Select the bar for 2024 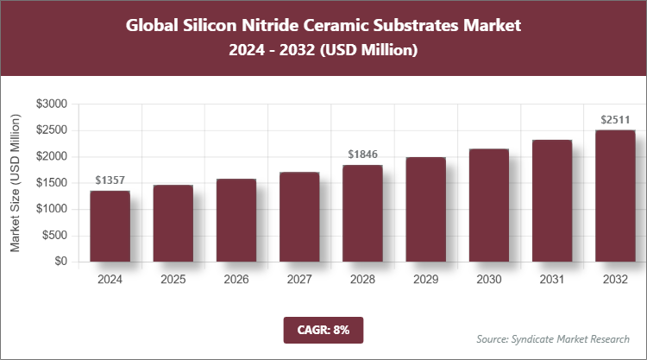tap(110, 226)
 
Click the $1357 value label tap(110, 180)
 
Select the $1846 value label tap(362, 155)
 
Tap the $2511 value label tap(614, 120)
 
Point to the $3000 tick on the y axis tap(52, 104)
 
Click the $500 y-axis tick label tap(54, 235)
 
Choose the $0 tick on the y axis tap(60, 262)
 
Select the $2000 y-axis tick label tap(52, 156)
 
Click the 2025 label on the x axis tap(173, 280)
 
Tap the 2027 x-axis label tap(298, 280)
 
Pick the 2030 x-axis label tap(488, 280)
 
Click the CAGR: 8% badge tap(323, 330)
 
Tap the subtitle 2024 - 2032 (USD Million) tap(323, 51)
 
